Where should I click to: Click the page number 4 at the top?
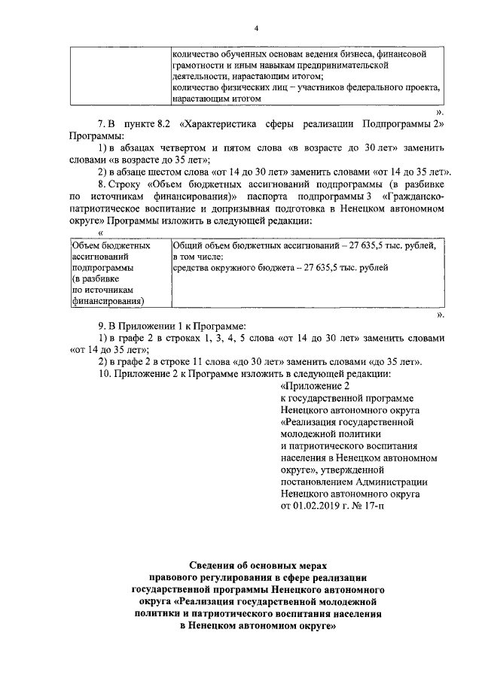pos(256,29)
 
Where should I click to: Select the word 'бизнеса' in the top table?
pos(348,55)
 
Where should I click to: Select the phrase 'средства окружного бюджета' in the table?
pos(231,267)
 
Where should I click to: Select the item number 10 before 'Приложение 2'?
pos(102,374)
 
